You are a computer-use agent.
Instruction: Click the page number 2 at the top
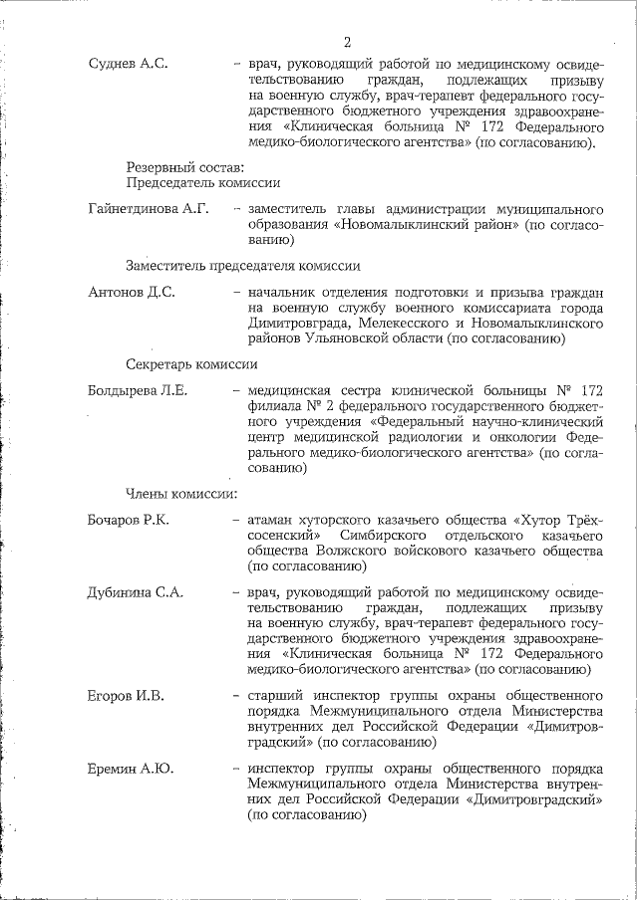[347, 42]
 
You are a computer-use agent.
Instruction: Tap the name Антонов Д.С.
[132, 293]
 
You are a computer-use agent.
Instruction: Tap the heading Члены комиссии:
[180, 493]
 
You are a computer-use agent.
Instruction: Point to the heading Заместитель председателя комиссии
[242, 266]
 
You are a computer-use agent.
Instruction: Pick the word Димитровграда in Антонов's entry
[296, 324]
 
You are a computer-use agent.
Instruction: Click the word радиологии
[427, 436]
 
